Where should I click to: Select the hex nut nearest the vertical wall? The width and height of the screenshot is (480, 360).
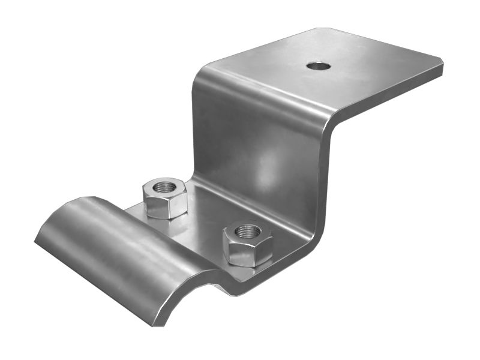click(164, 197)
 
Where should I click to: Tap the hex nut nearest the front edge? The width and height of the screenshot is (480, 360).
click(247, 244)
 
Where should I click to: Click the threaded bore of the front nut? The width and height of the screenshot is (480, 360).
click(247, 231)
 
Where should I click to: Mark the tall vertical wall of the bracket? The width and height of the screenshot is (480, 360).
click(258, 138)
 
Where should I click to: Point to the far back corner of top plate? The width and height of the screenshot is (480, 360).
click(327, 28)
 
